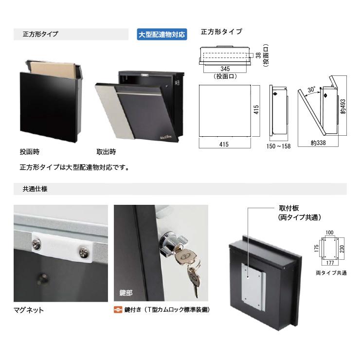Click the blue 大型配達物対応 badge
coord(162,35)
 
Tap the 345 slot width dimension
coord(225,69)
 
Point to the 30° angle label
coord(311,90)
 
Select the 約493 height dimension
coord(343,107)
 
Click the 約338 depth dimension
coord(318,143)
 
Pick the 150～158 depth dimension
coord(278,146)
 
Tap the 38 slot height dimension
coord(258,55)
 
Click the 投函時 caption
coord(30,152)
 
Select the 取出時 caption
coord(107,152)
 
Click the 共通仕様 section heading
coord(35,189)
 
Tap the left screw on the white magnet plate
coord(36,244)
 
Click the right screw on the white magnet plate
coord(84,252)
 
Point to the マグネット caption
coord(29,310)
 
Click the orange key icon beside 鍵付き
coord(118,310)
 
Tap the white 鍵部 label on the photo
coord(126,293)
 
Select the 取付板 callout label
coord(289,208)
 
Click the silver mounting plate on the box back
coord(253,287)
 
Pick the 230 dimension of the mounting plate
coord(342,249)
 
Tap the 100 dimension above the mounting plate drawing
coord(329,233)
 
